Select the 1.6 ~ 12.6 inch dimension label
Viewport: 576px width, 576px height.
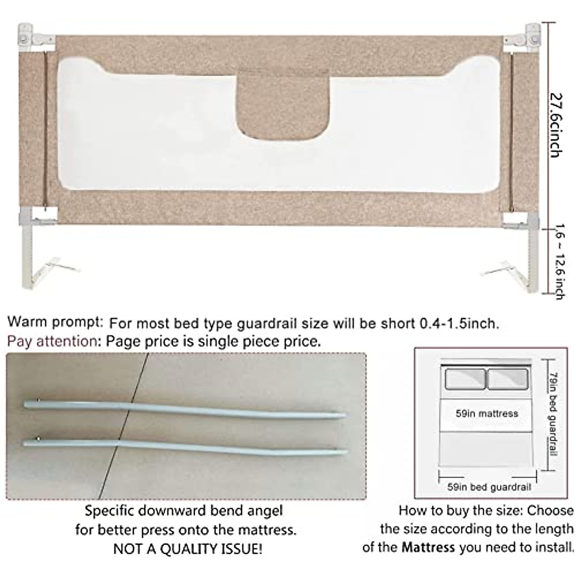pos(558,262)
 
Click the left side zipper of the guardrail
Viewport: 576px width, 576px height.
pos(46,130)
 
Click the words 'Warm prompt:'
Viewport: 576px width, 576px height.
pos(55,322)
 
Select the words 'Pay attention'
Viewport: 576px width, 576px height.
pos(52,341)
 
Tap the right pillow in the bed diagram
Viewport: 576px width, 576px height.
pos(507,379)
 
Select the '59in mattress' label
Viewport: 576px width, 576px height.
pos(487,413)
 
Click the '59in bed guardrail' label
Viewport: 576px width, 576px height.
pos(489,487)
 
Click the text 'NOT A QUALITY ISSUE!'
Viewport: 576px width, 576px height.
pos(188,549)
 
